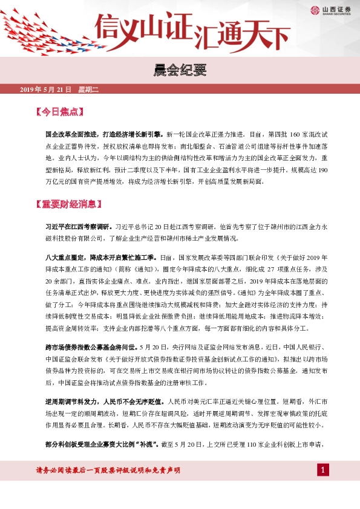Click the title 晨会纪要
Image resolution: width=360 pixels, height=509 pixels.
click(x=180, y=71)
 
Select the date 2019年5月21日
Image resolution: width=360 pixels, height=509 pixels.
click(x=45, y=90)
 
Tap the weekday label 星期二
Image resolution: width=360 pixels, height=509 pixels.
click(x=88, y=90)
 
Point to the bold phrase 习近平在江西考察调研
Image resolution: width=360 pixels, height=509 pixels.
click(x=77, y=226)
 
